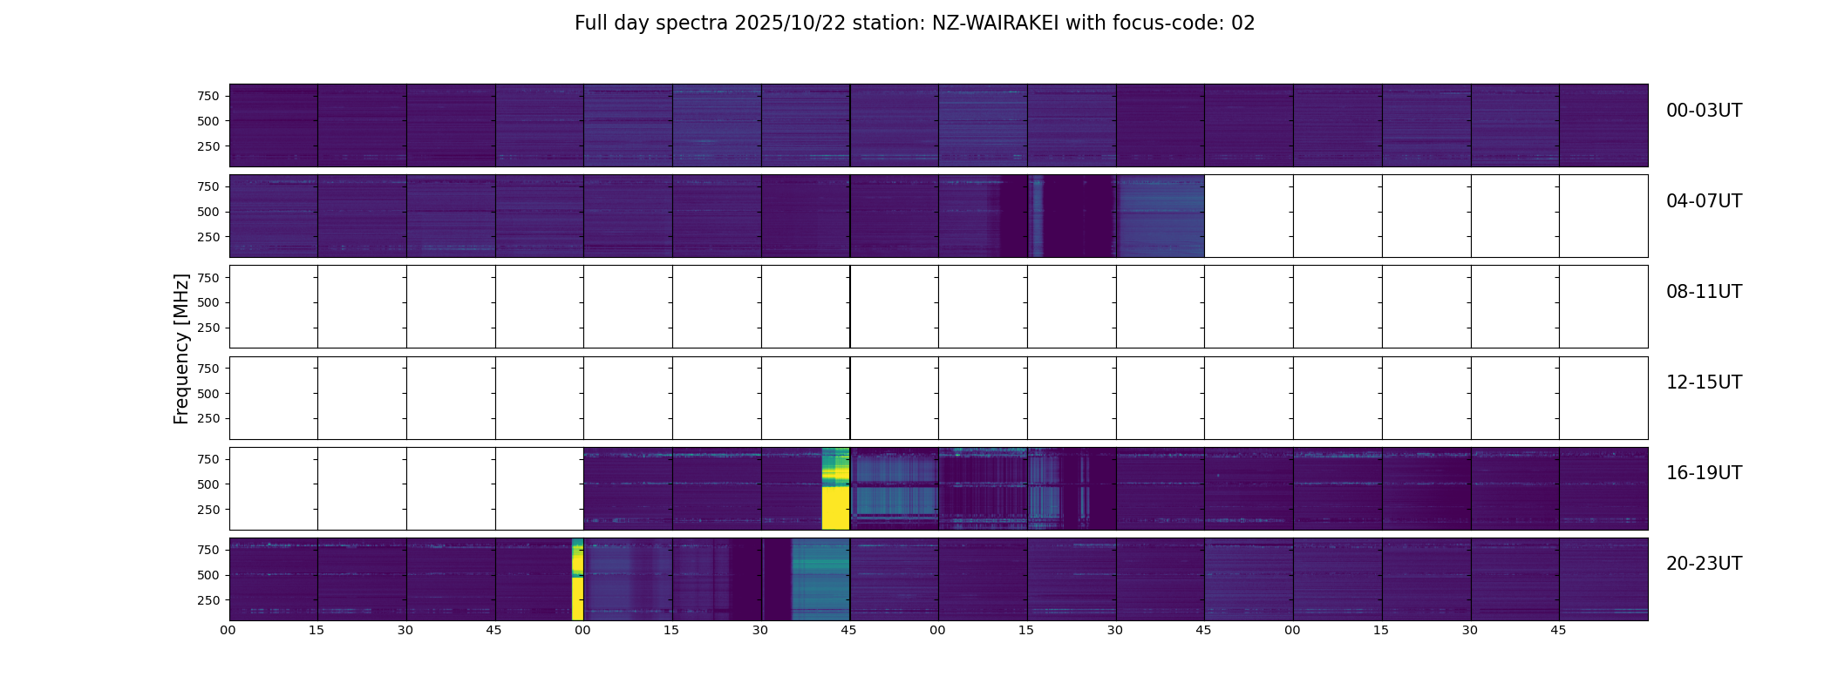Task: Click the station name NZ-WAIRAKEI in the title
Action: click(996, 24)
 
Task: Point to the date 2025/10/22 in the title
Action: click(790, 24)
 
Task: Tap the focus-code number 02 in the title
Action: click(1242, 24)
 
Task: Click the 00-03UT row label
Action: click(1704, 111)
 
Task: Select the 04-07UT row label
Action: click(1704, 201)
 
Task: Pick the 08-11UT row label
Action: click(1704, 292)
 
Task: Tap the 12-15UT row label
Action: click(1704, 382)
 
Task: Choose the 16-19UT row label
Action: click(1704, 473)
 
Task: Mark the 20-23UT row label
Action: click(1704, 564)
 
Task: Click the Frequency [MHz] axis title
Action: click(181, 348)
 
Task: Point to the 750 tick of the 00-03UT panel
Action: click(208, 96)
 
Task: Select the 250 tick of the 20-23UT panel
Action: click(208, 600)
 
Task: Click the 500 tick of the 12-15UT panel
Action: click(208, 394)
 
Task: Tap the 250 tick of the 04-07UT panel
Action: click(208, 237)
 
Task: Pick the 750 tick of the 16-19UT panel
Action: click(208, 459)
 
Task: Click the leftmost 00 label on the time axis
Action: click(228, 630)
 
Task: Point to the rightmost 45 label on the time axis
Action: click(1558, 630)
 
